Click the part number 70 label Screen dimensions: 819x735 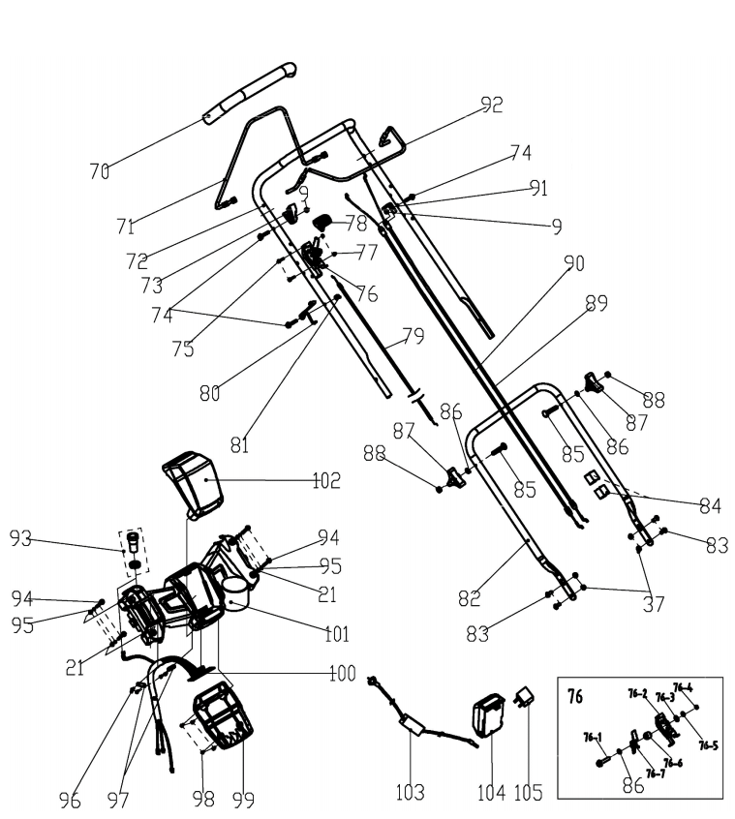coord(99,172)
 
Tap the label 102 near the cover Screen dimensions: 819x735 coord(326,479)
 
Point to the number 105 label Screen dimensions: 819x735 coord(529,792)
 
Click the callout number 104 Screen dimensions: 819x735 coord(491,792)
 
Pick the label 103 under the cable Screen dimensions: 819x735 coord(410,792)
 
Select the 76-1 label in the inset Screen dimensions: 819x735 coord(594,737)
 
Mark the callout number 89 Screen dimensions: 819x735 coord(596,303)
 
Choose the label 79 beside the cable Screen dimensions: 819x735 coord(413,339)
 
